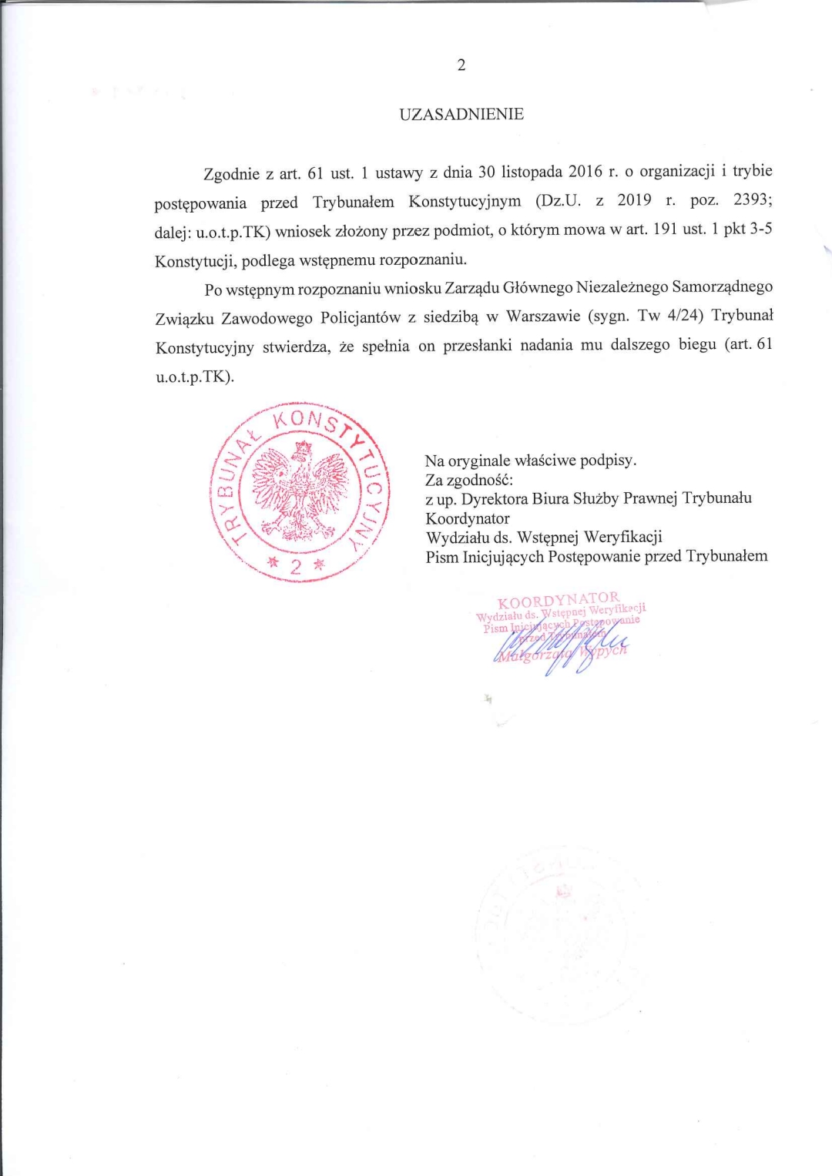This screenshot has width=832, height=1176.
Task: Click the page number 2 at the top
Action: point(461,65)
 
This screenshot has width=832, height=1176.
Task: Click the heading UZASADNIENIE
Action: point(461,115)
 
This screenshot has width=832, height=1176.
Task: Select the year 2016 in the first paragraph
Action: point(585,171)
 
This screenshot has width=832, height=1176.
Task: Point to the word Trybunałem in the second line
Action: point(353,203)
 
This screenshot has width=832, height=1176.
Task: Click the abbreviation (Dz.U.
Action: point(558,201)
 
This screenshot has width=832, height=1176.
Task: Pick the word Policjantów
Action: point(361,317)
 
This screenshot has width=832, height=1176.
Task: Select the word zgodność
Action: point(479,480)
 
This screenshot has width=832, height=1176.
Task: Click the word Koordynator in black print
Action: point(468,518)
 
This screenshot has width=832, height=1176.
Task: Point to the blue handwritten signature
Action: point(562,645)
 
